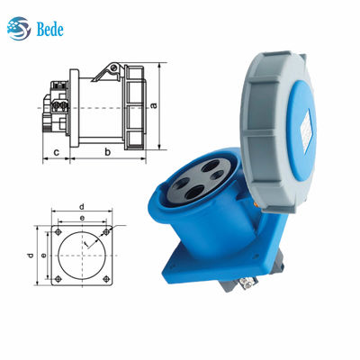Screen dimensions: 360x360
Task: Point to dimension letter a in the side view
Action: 155,104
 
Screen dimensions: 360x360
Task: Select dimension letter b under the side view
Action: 108,153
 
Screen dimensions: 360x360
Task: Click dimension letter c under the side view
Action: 56,153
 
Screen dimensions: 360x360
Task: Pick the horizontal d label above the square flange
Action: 81,206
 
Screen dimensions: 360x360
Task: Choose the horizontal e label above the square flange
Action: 82,218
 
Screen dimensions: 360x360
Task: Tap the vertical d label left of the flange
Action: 31,257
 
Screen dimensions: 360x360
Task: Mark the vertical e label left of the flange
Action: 42,256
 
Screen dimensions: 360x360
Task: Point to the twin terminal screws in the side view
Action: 59,105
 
